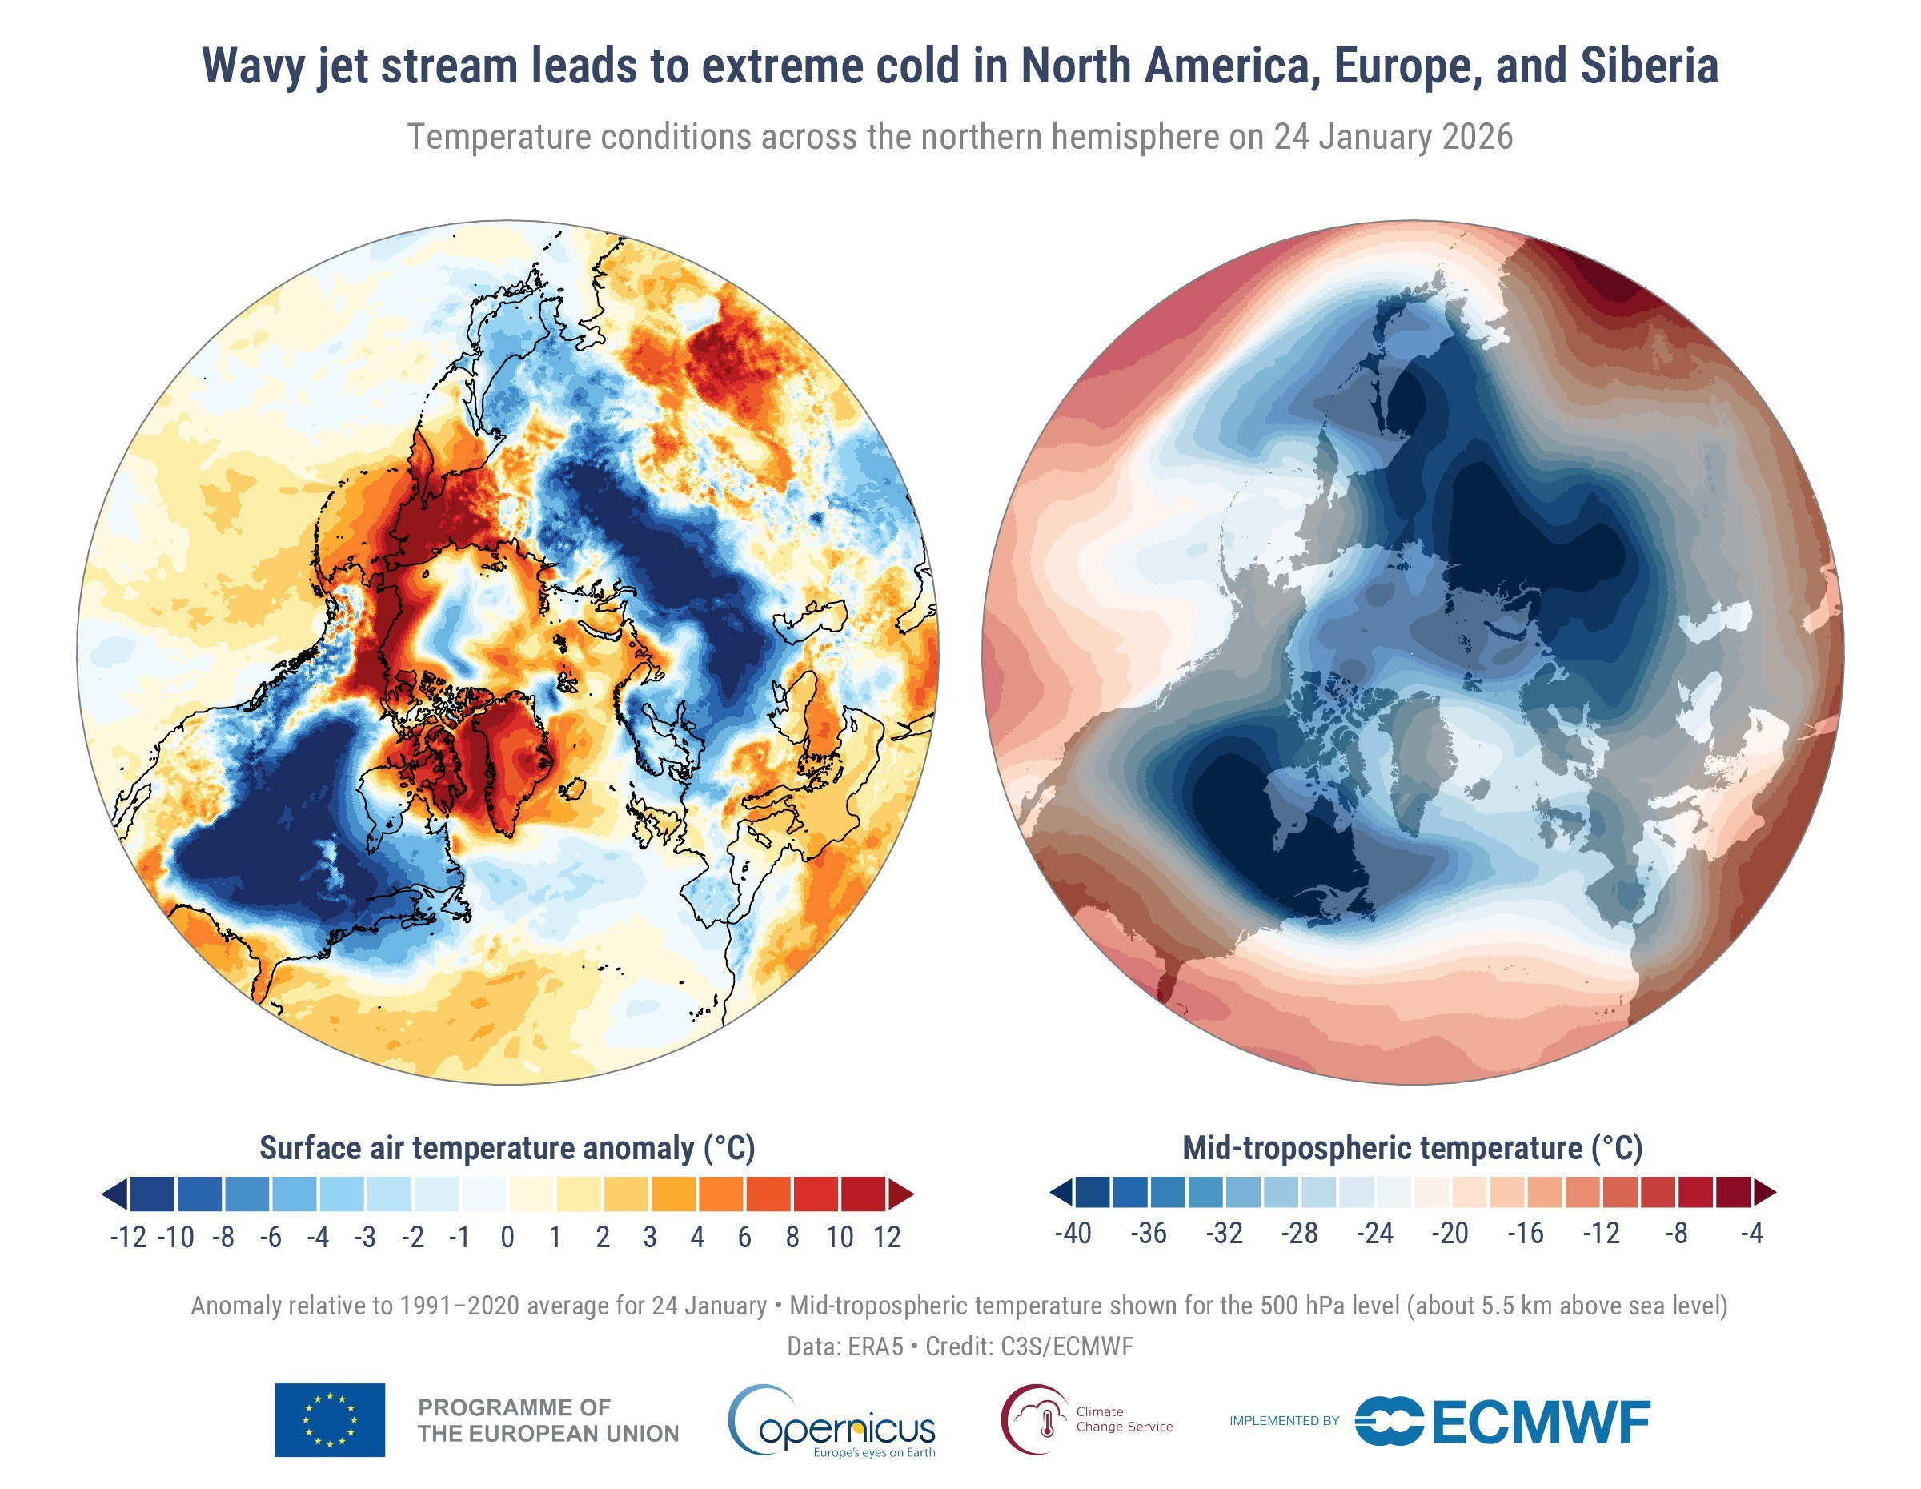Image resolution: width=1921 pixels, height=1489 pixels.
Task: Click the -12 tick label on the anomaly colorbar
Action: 128,1238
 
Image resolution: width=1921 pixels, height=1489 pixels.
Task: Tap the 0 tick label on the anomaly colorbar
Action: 507,1238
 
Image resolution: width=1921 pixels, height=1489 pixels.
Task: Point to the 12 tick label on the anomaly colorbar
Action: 887,1238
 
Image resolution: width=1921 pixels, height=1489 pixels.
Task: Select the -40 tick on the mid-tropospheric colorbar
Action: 1073,1233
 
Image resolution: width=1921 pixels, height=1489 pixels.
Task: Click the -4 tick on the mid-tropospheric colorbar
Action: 1751,1233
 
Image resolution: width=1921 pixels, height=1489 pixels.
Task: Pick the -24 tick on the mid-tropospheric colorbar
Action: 1375,1233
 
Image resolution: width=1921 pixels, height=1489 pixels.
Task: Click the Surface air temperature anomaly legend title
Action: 507,1148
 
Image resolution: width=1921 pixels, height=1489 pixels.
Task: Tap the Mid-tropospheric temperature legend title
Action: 1412,1148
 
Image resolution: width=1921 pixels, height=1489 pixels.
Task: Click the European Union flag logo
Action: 329,1419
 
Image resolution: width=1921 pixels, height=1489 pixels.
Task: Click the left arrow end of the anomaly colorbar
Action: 115,1194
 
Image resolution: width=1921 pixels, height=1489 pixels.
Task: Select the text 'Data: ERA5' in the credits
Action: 844,1347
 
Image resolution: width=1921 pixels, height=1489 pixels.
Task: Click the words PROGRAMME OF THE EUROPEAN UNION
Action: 548,1420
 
